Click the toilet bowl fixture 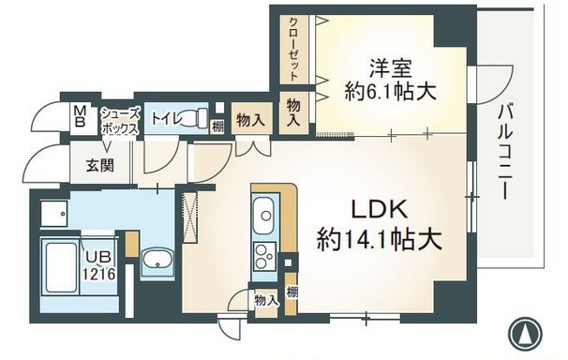pos(195,118)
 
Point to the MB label pos(81,117)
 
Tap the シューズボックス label pos(121,119)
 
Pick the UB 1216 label pos(99,264)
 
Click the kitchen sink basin pos(265,214)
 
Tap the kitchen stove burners pos(265,255)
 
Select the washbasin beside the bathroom pos(156,262)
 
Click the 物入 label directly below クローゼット pos(293,111)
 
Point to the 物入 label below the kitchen pos(266,299)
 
